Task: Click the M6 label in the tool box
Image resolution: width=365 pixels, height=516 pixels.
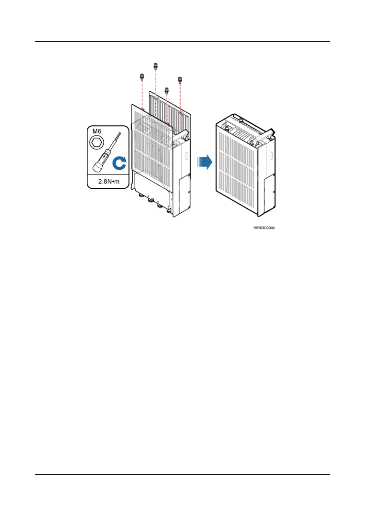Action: coord(97,131)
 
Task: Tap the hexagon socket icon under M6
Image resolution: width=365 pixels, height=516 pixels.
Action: coord(97,142)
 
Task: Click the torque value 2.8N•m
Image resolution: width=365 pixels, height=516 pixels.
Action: coord(108,181)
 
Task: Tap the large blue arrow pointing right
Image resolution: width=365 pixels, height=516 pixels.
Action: coord(205,161)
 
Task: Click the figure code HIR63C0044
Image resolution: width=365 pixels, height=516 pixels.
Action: coord(264,228)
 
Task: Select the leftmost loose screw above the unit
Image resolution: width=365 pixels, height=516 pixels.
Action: coord(142,76)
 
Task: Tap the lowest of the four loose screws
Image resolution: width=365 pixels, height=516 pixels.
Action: coord(167,90)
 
